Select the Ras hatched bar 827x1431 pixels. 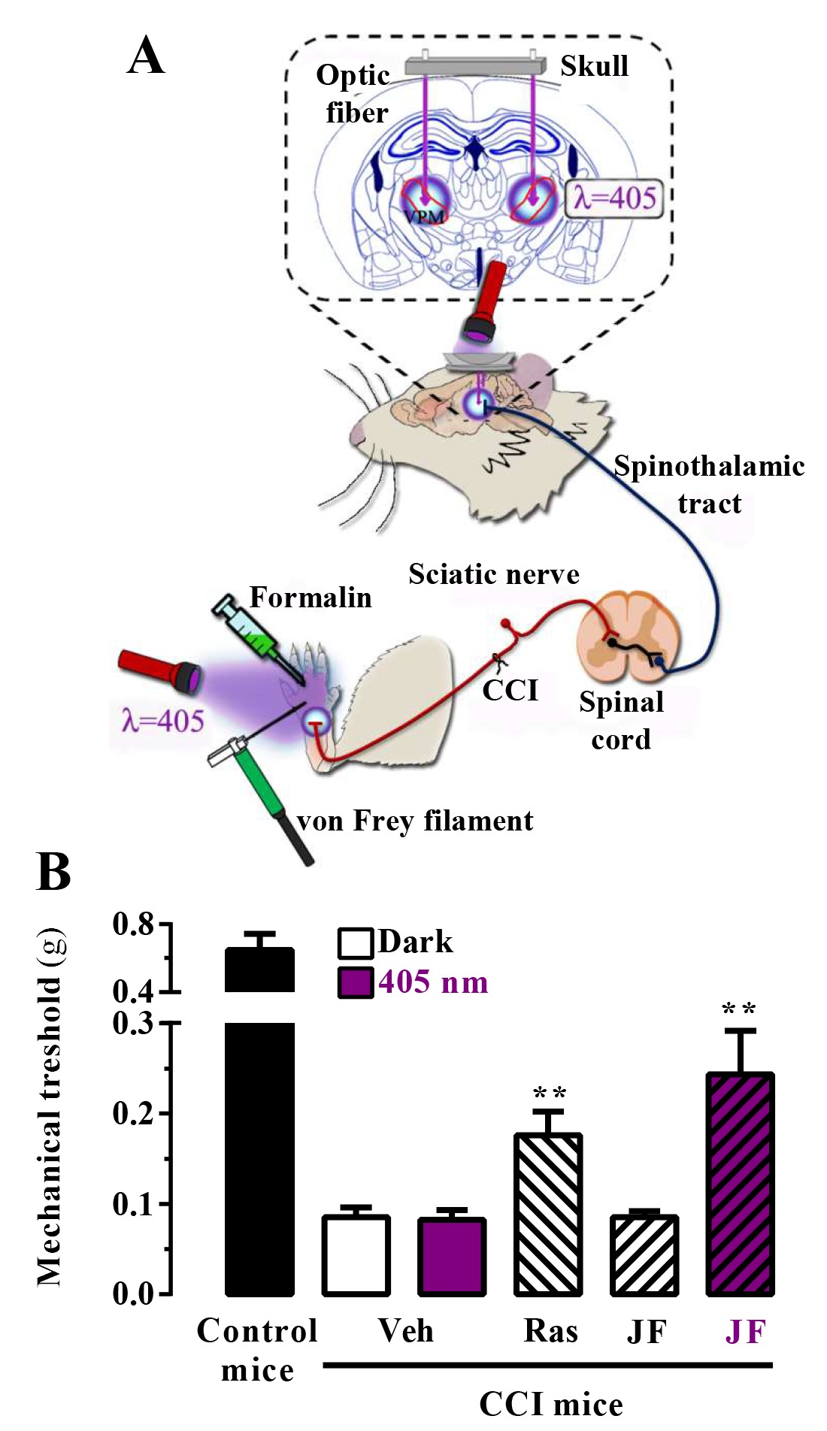tap(548, 1214)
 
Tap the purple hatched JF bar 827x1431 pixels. tap(741, 1184)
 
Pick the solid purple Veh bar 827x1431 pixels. tap(452, 1256)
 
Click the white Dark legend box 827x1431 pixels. tap(355, 943)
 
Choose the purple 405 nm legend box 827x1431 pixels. tap(355, 982)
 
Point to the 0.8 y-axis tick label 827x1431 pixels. tap(133, 924)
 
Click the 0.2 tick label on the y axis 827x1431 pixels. tap(133, 1113)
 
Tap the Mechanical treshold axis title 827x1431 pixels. tap(51, 1108)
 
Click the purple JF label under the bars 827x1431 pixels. tap(745, 1332)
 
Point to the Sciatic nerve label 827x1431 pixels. tap(494, 574)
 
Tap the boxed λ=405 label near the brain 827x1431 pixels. tap(614, 198)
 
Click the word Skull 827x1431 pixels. tap(594, 66)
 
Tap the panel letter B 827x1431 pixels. tap(53, 872)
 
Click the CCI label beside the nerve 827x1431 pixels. tap(510, 690)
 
